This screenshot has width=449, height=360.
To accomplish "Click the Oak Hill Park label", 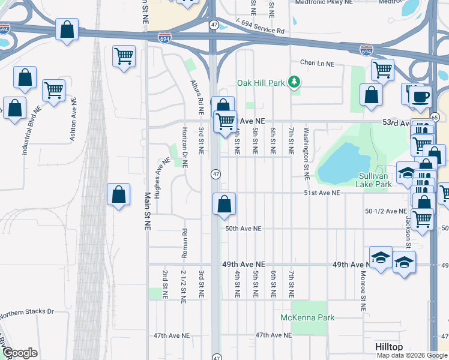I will (x=261, y=83).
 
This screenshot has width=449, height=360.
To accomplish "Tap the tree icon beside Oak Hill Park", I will (x=294, y=82).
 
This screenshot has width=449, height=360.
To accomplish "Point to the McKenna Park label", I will (x=307, y=317).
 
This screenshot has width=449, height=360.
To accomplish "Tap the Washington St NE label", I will (x=306, y=154).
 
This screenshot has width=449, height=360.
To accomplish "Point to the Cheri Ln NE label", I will (x=316, y=62).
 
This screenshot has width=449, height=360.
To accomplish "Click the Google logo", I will (x=20, y=353).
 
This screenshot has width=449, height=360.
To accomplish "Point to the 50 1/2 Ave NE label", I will (x=385, y=211).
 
